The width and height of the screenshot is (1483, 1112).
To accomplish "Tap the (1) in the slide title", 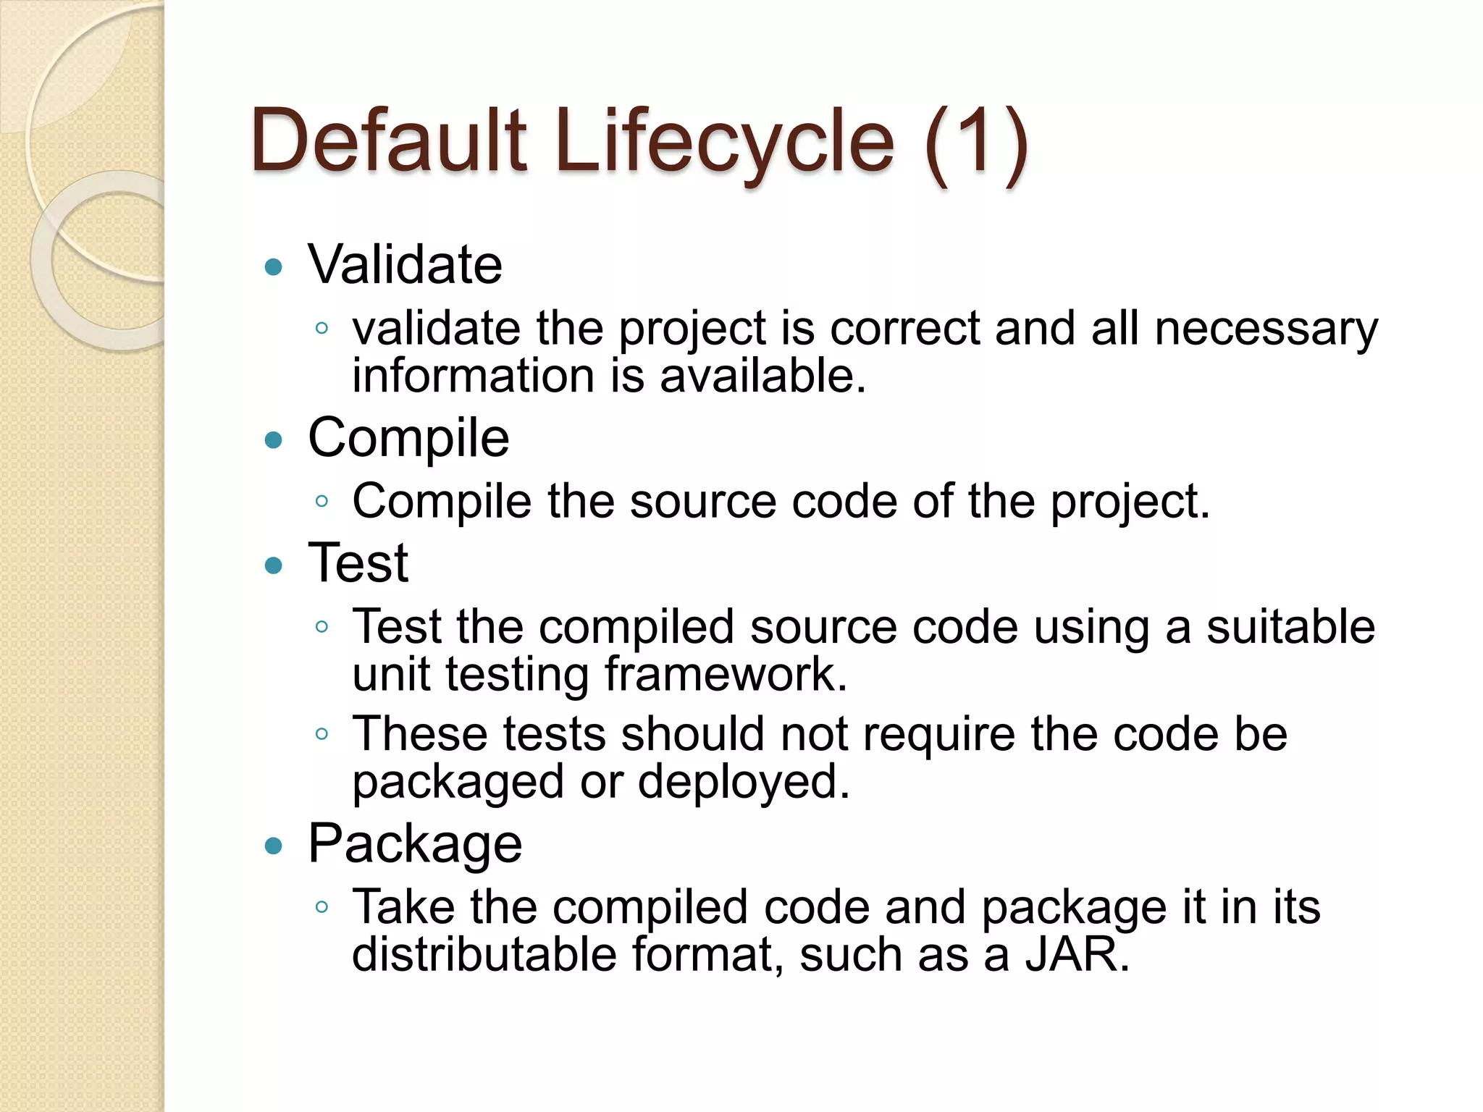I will click(975, 142).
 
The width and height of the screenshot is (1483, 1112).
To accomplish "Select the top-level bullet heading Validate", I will click(405, 265).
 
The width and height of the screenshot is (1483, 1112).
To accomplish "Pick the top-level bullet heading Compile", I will click(408, 439).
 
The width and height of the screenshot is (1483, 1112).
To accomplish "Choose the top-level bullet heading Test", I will click(358, 563).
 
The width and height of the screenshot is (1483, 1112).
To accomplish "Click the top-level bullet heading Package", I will click(415, 844).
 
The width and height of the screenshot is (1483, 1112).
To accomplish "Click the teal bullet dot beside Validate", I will click(274, 267).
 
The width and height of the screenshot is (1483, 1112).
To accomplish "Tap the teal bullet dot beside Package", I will click(274, 846).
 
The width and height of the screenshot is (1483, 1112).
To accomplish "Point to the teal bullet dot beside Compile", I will click(274, 439).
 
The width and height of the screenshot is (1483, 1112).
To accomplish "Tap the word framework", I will click(726, 675).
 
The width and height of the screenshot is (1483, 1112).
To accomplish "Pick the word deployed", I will click(744, 783).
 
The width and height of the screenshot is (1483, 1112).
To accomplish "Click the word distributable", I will click(484, 955).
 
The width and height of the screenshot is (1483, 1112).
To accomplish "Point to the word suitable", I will click(1290, 627).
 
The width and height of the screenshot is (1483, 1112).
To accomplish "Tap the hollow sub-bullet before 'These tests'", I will click(322, 734).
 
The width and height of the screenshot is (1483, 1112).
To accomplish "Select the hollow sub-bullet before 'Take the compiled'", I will click(322, 906).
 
